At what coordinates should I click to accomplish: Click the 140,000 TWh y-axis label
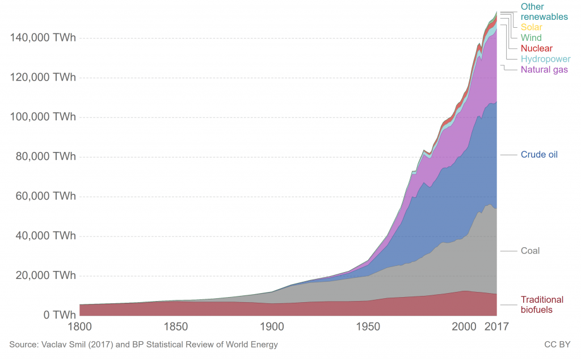pos(43,38)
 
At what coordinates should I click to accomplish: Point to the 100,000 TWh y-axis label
pos(43,117)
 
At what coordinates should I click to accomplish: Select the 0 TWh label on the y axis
pos(59,315)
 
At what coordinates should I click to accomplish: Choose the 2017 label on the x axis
pos(496,327)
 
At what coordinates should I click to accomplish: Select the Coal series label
pos(530,251)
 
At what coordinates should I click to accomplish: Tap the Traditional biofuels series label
pos(542,304)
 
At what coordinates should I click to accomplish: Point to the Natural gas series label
pos(544,70)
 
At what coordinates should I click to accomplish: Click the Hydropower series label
pos(545,59)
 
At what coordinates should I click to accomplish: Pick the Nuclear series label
pos(536,49)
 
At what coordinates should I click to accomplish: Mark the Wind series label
pos(531,38)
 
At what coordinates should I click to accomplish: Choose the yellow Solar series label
pos(531,27)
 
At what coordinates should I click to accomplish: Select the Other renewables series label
pos(544,12)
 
